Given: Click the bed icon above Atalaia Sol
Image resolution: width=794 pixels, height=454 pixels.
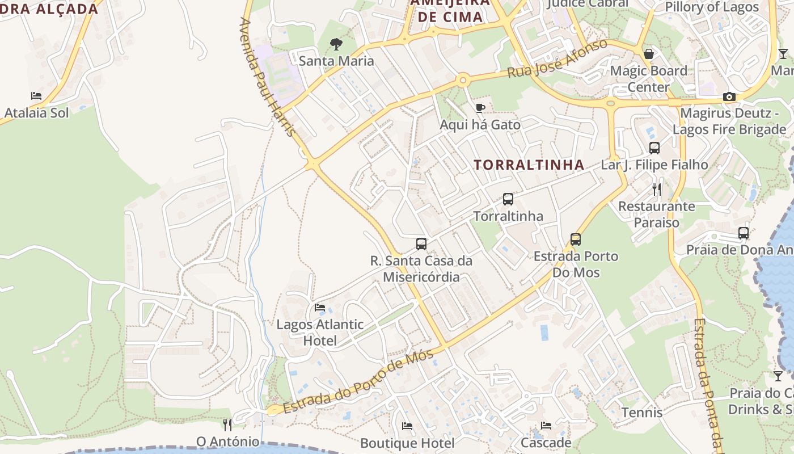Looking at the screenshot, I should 36,96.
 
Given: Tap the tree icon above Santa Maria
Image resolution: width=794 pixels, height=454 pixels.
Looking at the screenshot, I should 336,44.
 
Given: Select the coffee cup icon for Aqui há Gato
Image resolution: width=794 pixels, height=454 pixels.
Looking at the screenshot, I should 480,108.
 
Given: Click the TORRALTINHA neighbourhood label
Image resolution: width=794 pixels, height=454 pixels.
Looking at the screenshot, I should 529,165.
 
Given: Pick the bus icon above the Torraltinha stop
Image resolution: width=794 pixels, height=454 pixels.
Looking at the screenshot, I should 508,199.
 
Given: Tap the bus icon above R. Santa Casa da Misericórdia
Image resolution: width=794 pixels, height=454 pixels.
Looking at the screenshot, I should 421,244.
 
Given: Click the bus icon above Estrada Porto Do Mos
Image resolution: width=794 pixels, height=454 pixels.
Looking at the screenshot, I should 576,239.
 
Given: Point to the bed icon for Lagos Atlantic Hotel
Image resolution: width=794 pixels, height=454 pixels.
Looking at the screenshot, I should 320,308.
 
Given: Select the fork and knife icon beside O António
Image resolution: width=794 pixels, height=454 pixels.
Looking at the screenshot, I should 227,424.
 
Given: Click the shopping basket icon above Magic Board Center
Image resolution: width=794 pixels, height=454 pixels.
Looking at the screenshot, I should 648,54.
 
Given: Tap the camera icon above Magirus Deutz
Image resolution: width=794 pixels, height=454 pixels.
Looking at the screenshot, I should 729,97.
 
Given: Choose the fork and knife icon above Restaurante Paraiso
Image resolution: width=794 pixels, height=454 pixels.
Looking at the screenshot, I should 657,189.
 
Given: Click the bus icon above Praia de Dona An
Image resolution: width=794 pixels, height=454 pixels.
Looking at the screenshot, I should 744,233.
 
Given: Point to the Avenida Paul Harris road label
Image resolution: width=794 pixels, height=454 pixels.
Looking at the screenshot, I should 268,77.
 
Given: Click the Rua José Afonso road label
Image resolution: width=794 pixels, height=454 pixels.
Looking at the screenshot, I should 557,59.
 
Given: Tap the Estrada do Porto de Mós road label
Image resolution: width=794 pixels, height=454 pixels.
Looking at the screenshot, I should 358,381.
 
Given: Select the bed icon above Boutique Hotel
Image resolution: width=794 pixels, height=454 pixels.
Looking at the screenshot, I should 407,426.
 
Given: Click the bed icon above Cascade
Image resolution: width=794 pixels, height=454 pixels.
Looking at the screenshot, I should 546,426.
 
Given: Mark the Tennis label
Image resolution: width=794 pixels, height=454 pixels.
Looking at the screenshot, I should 642,413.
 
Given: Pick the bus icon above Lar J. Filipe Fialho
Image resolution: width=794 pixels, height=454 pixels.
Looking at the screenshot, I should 654,148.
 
